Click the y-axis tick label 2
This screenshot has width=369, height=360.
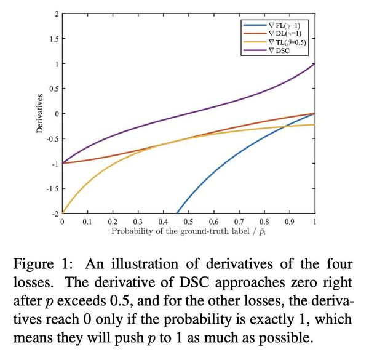56,14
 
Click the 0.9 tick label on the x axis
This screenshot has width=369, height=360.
288,221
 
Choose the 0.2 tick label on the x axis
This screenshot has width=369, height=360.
113,221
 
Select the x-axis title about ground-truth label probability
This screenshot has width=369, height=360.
188,231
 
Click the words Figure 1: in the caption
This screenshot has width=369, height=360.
42,265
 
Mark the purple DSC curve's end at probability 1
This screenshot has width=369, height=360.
314,63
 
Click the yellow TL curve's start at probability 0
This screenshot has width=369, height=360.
62,213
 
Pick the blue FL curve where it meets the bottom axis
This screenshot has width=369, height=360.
176,213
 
